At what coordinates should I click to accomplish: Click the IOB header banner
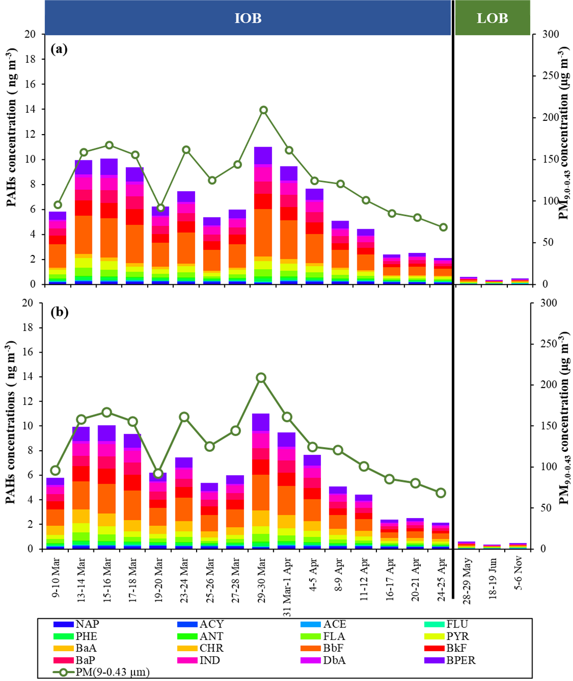[x=248, y=18]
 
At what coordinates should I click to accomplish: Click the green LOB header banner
[x=492, y=18]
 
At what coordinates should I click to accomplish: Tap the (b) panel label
[x=60, y=312]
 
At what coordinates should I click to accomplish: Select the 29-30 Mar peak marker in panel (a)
[x=263, y=110]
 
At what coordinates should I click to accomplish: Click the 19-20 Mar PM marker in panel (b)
[x=159, y=474]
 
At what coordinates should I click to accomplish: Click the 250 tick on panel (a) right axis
[x=550, y=76]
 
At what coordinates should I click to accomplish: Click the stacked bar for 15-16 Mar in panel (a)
[x=109, y=223]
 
